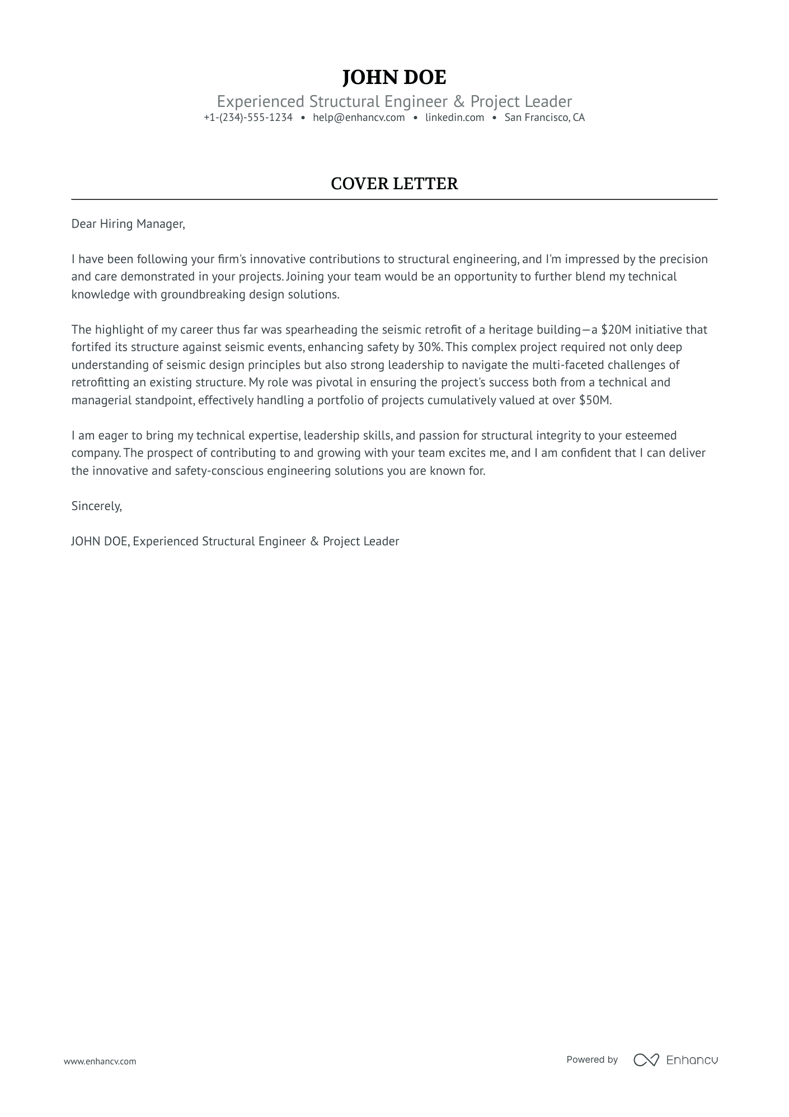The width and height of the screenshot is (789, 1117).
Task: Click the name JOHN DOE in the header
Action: point(394,77)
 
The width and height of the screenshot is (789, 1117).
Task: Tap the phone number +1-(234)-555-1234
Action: point(248,118)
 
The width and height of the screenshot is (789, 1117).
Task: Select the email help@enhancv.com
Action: point(359,118)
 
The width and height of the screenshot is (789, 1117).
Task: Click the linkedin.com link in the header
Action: point(454,118)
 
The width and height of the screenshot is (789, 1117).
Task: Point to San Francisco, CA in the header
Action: point(544,118)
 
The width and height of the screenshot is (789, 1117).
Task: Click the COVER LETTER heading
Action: point(394,184)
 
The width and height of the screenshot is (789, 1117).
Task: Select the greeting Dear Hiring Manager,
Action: point(128,224)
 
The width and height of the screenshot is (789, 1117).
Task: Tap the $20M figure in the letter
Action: point(616,330)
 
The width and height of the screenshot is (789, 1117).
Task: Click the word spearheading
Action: point(324,330)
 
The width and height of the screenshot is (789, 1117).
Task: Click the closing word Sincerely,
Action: point(96,506)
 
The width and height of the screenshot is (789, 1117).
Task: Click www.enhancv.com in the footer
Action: point(100,1062)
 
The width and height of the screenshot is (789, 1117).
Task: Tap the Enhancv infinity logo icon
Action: point(646,1060)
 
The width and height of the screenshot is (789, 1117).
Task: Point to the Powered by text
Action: point(591,1060)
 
